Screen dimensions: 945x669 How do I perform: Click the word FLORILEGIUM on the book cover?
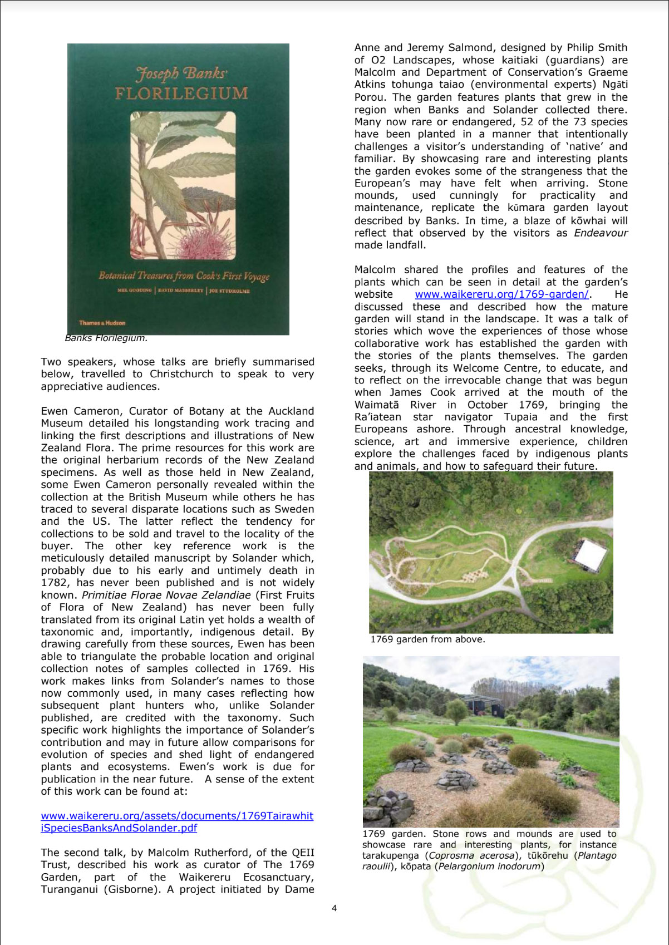pyautogui.click(x=181, y=92)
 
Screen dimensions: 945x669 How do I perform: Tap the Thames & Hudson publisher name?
pyautogui.click(x=102, y=323)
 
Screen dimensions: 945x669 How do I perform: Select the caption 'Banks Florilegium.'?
pyautogui.click(x=106, y=338)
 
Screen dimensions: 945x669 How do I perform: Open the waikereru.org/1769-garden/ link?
pyautogui.click(x=501, y=294)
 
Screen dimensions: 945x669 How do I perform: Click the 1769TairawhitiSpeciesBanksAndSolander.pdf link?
pyautogui.click(x=177, y=822)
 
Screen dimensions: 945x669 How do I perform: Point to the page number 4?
pyautogui.click(x=334, y=908)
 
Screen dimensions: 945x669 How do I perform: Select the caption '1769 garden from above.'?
pyautogui.click(x=427, y=639)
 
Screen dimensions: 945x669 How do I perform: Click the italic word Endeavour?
pyautogui.click(x=601, y=233)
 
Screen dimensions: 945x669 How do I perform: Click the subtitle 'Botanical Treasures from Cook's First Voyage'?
pyautogui.click(x=184, y=276)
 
